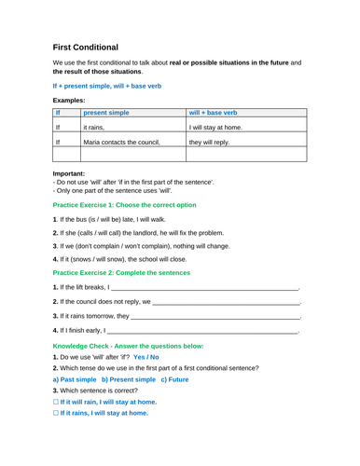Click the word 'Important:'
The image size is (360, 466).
(70, 172)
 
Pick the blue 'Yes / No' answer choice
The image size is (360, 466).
(146, 383)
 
